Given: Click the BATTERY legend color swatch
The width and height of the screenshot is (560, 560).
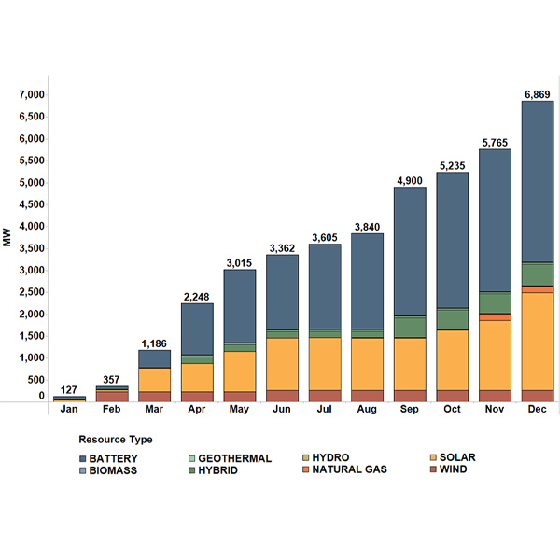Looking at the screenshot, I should (x=84, y=458).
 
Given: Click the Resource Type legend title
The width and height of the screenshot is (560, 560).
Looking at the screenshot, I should (x=116, y=439).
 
